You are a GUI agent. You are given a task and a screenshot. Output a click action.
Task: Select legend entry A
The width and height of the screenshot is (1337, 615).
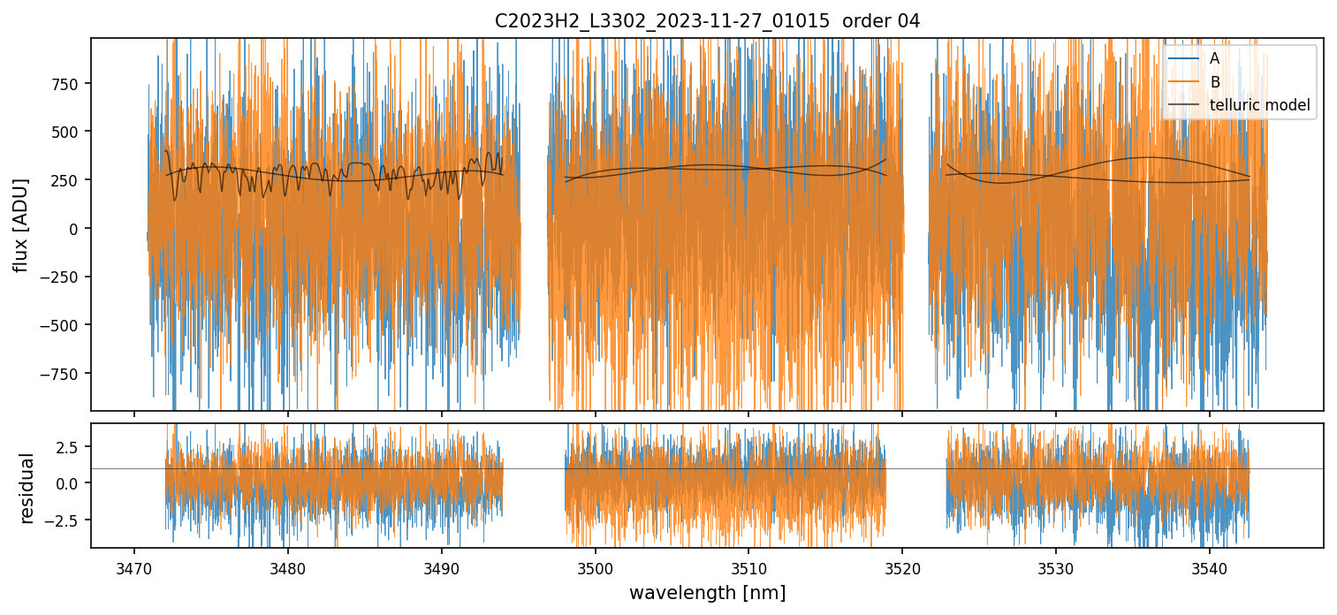point(1214,58)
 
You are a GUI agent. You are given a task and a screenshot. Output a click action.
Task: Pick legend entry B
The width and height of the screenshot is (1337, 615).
point(1214,82)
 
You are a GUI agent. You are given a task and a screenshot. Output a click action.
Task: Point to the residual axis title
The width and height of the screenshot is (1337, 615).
point(27,487)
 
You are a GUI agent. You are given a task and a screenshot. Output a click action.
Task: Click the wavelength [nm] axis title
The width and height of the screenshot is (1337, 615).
point(707,592)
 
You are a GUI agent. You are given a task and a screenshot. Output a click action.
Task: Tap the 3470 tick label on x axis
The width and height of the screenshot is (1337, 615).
point(133,566)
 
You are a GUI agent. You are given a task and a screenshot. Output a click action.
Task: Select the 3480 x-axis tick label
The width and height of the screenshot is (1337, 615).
point(287,566)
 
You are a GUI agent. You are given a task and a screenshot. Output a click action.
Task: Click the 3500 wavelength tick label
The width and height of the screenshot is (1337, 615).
point(595,566)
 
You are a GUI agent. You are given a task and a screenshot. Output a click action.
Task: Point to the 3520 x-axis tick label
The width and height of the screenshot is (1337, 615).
point(902,566)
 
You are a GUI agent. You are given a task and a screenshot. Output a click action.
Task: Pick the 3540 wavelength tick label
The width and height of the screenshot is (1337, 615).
point(1210,566)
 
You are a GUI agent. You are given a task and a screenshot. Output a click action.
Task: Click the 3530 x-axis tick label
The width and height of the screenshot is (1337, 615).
point(1056,566)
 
